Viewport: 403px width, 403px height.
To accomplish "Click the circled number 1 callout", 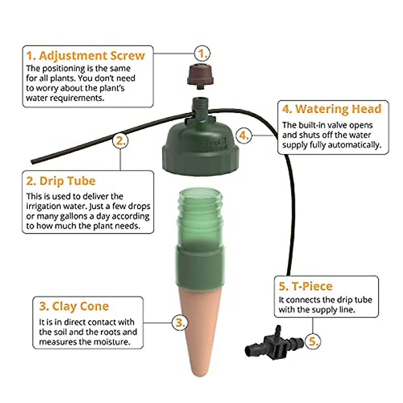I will point(202,53).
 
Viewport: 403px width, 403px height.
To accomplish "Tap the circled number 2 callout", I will point(120,140).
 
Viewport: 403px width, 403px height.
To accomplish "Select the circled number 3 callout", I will point(180,323).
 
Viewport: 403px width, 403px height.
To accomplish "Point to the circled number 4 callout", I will point(244,136).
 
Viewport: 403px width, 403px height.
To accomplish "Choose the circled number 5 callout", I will point(313,342).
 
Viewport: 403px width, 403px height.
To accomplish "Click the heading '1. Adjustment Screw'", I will point(86,56).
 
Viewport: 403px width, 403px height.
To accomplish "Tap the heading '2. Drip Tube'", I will point(61,181).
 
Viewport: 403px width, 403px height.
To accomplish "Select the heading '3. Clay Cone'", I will point(74,306).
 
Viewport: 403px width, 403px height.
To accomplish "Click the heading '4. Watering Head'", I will point(332,109).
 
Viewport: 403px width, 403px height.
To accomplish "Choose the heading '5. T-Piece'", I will point(306,286).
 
